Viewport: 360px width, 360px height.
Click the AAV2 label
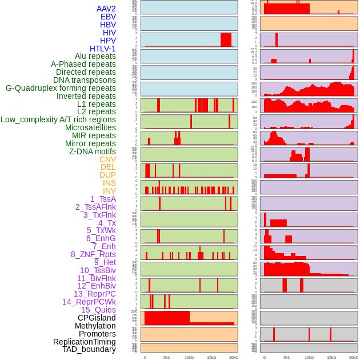coord(106,9)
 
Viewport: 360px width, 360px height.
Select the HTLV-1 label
coord(102,49)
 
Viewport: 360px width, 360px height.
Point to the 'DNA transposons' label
coord(84,80)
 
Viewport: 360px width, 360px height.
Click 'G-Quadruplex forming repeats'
coord(61,88)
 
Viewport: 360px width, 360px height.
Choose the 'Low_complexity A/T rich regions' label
coord(58,119)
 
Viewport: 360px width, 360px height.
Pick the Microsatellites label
coord(90,127)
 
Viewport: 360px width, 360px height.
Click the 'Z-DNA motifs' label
coord(92,151)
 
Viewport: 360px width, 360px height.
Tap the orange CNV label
coord(107,159)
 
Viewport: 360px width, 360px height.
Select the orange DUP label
coord(107,175)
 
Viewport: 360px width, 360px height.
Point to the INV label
coord(109,191)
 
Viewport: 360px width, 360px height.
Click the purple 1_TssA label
coord(103,199)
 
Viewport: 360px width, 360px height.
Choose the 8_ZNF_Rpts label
coord(93,254)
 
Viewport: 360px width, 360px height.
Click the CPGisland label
coord(97,318)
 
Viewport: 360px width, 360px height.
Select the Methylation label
coord(95,326)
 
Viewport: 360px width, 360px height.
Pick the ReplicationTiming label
coord(84,342)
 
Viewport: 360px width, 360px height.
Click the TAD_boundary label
coord(89,349)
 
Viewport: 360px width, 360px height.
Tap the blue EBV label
coord(108,17)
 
